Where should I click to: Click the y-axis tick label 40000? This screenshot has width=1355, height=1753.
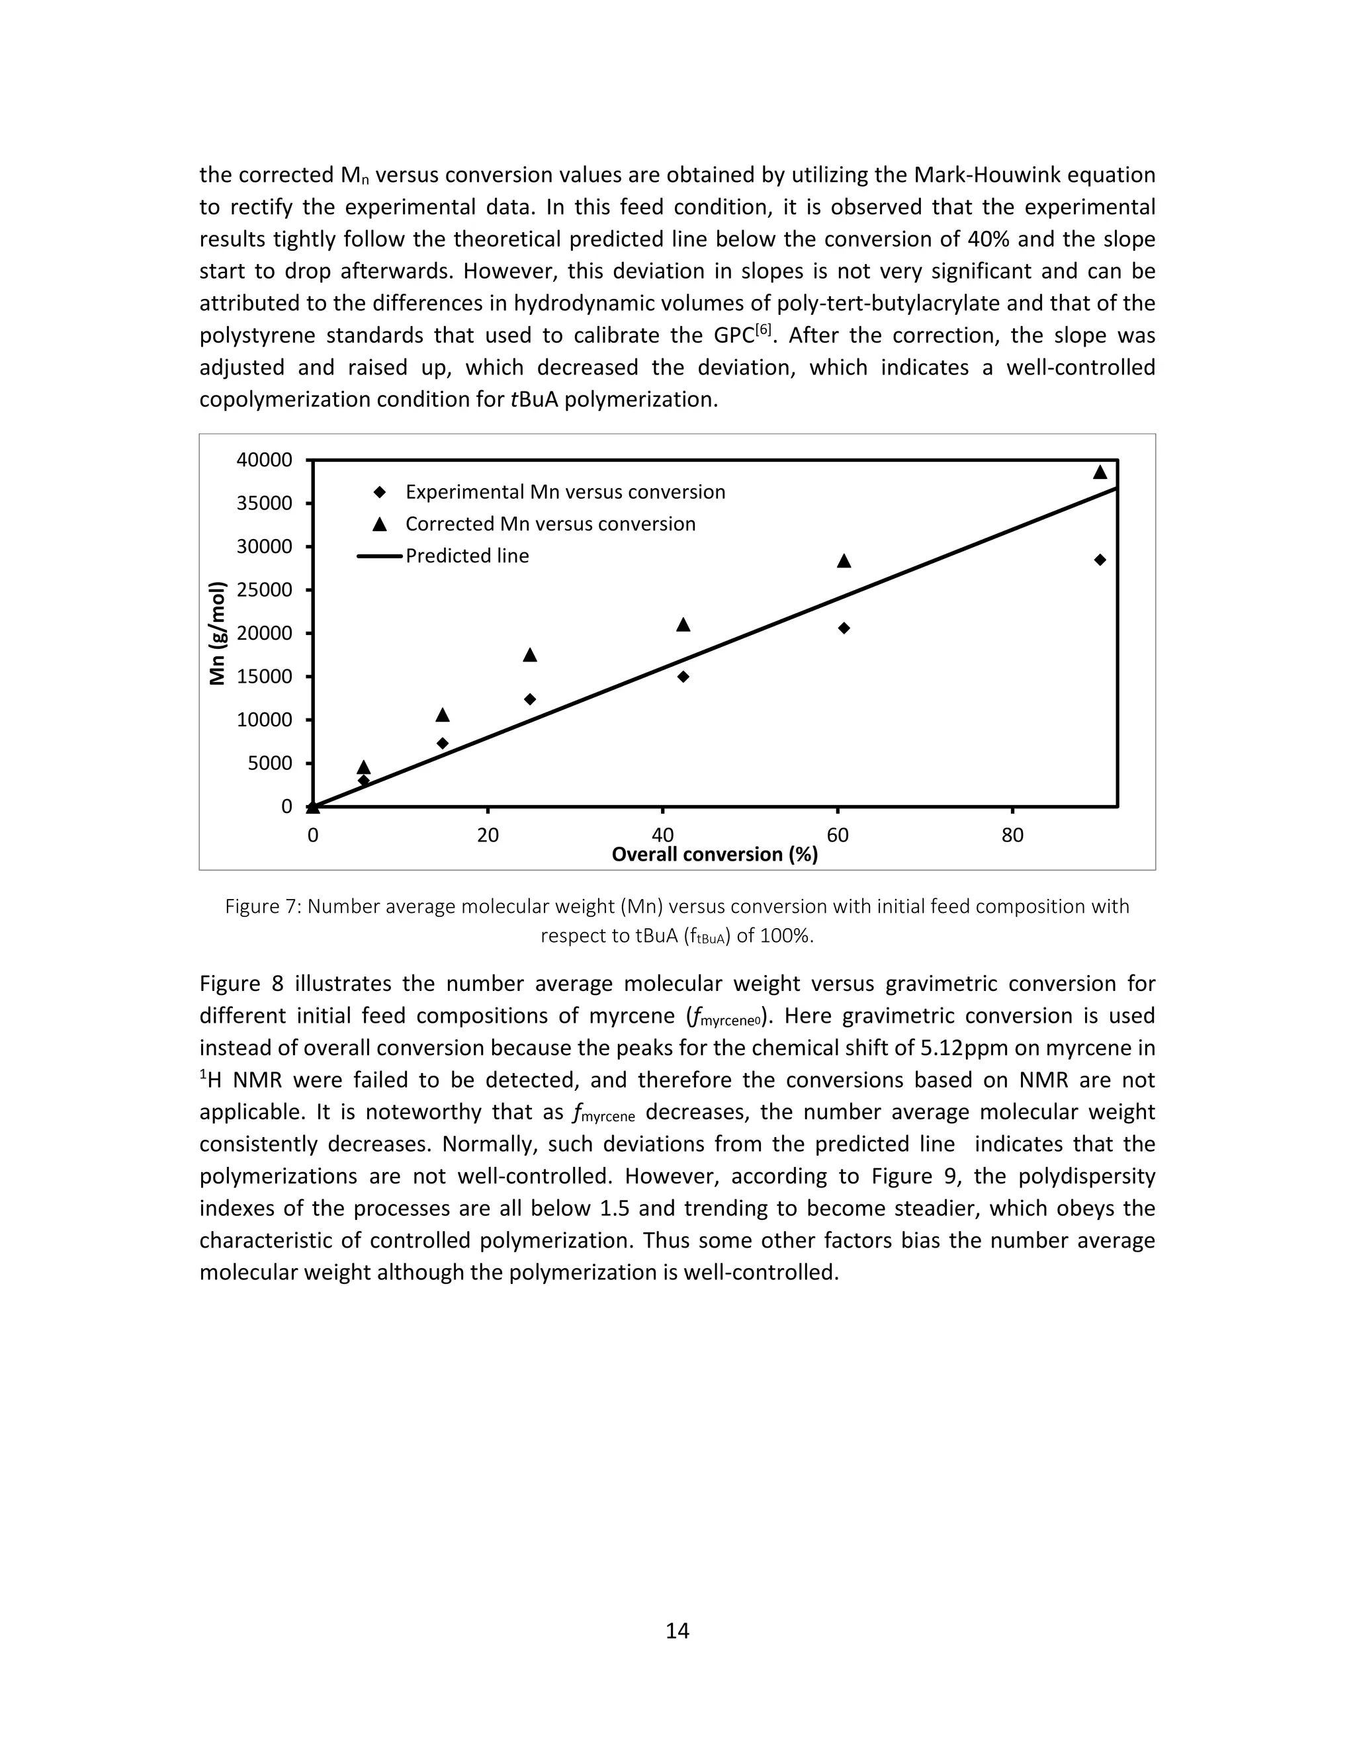coord(264,460)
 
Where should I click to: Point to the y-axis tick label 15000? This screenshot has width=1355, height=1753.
coord(264,677)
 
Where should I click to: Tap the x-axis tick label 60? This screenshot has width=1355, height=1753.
coord(837,835)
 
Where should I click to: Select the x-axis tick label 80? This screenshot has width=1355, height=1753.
coord(1012,835)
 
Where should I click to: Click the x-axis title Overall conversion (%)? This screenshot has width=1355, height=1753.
coord(715,855)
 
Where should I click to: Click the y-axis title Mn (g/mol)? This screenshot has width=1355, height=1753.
coord(217,633)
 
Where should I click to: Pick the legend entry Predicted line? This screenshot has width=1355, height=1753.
coord(466,556)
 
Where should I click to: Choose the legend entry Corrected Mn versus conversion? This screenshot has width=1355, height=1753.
coord(550,524)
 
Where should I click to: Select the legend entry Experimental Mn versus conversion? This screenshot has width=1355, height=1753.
coord(564,492)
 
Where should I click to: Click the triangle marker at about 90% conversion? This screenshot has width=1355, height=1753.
coord(1100,472)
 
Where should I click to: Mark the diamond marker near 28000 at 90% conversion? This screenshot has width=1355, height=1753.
coord(1100,560)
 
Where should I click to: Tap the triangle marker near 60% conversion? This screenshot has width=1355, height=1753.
coord(844,561)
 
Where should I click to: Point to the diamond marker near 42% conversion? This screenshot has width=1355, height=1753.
coord(683,677)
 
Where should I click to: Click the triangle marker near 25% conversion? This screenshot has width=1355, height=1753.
coord(530,655)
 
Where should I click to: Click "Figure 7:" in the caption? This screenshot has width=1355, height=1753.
coord(263,907)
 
